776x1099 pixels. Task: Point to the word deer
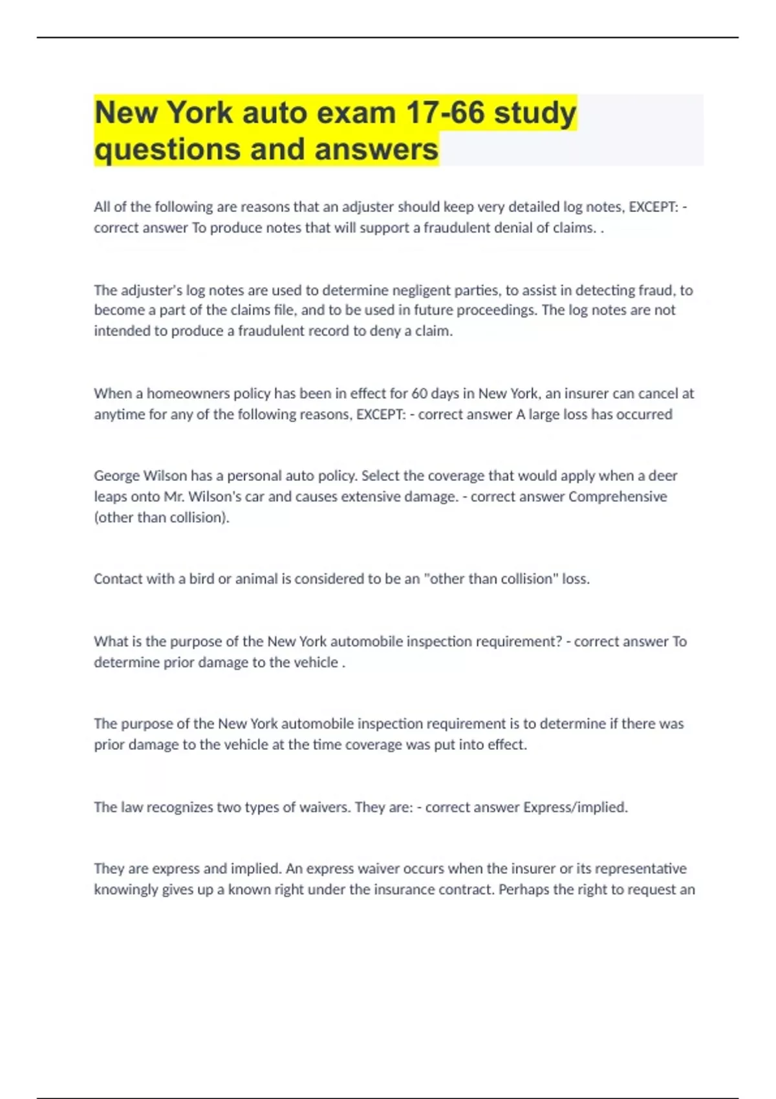663,476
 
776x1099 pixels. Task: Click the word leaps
111,497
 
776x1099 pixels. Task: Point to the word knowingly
125,890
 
